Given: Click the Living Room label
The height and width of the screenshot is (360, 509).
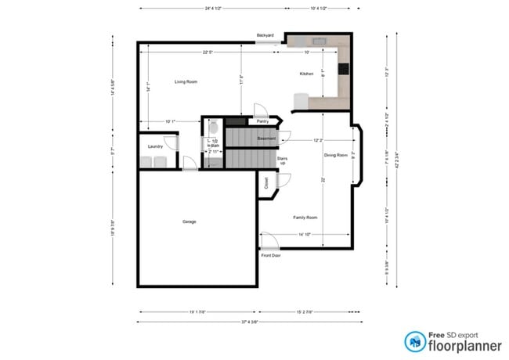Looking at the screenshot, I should pyautogui.click(x=185, y=81).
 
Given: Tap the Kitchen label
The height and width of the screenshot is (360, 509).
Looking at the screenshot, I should pyautogui.click(x=306, y=74).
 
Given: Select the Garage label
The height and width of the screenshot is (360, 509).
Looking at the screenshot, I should pyautogui.click(x=189, y=221).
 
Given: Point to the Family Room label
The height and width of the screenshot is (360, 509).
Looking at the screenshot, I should pyautogui.click(x=305, y=217).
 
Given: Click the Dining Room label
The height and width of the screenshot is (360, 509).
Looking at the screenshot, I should pyautogui.click(x=335, y=155).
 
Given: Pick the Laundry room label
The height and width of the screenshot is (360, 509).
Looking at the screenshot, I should pyautogui.click(x=155, y=146).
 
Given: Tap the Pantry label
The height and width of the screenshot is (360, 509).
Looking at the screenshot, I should pyautogui.click(x=264, y=122).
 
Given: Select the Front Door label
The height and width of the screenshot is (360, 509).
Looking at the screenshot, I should pyautogui.click(x=271, y=255).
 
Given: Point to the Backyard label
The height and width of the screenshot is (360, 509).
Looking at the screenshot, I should pyautogui.click(x=265, y=35).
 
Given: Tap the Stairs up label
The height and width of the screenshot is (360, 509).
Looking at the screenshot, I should pyautogui.click(x=283, y=160).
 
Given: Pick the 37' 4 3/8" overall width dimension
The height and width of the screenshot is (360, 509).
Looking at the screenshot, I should pyautogui.click(x=250, y=322).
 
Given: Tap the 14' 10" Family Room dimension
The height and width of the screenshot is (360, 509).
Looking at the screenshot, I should pyautogui.click(x=305, y=234).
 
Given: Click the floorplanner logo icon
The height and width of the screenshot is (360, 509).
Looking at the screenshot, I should pyautogui.click(x=414, y=340).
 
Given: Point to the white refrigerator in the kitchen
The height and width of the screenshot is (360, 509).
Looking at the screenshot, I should pyautogui.click(x=300, y=101).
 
